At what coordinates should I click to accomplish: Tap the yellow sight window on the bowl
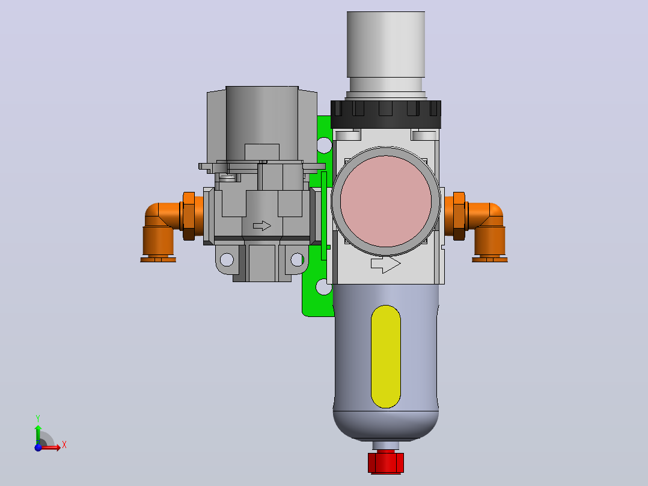coord(385,357)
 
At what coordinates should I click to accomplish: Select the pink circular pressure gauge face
coord(385,201)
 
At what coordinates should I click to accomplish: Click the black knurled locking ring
coord(385,114)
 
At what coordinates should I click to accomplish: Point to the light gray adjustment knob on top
coord(385,45)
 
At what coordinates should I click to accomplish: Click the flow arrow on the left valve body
coord(262,226)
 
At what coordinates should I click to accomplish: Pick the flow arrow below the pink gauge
coord(385,265)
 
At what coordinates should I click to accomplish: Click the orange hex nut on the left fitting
coord(189,216)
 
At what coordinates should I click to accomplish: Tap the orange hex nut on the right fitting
coord(459,216)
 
